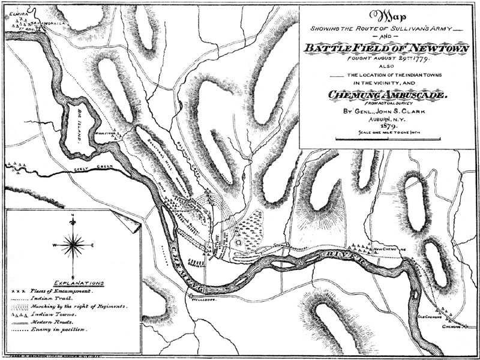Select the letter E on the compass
[91, 245]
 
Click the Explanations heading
[78, 282]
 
